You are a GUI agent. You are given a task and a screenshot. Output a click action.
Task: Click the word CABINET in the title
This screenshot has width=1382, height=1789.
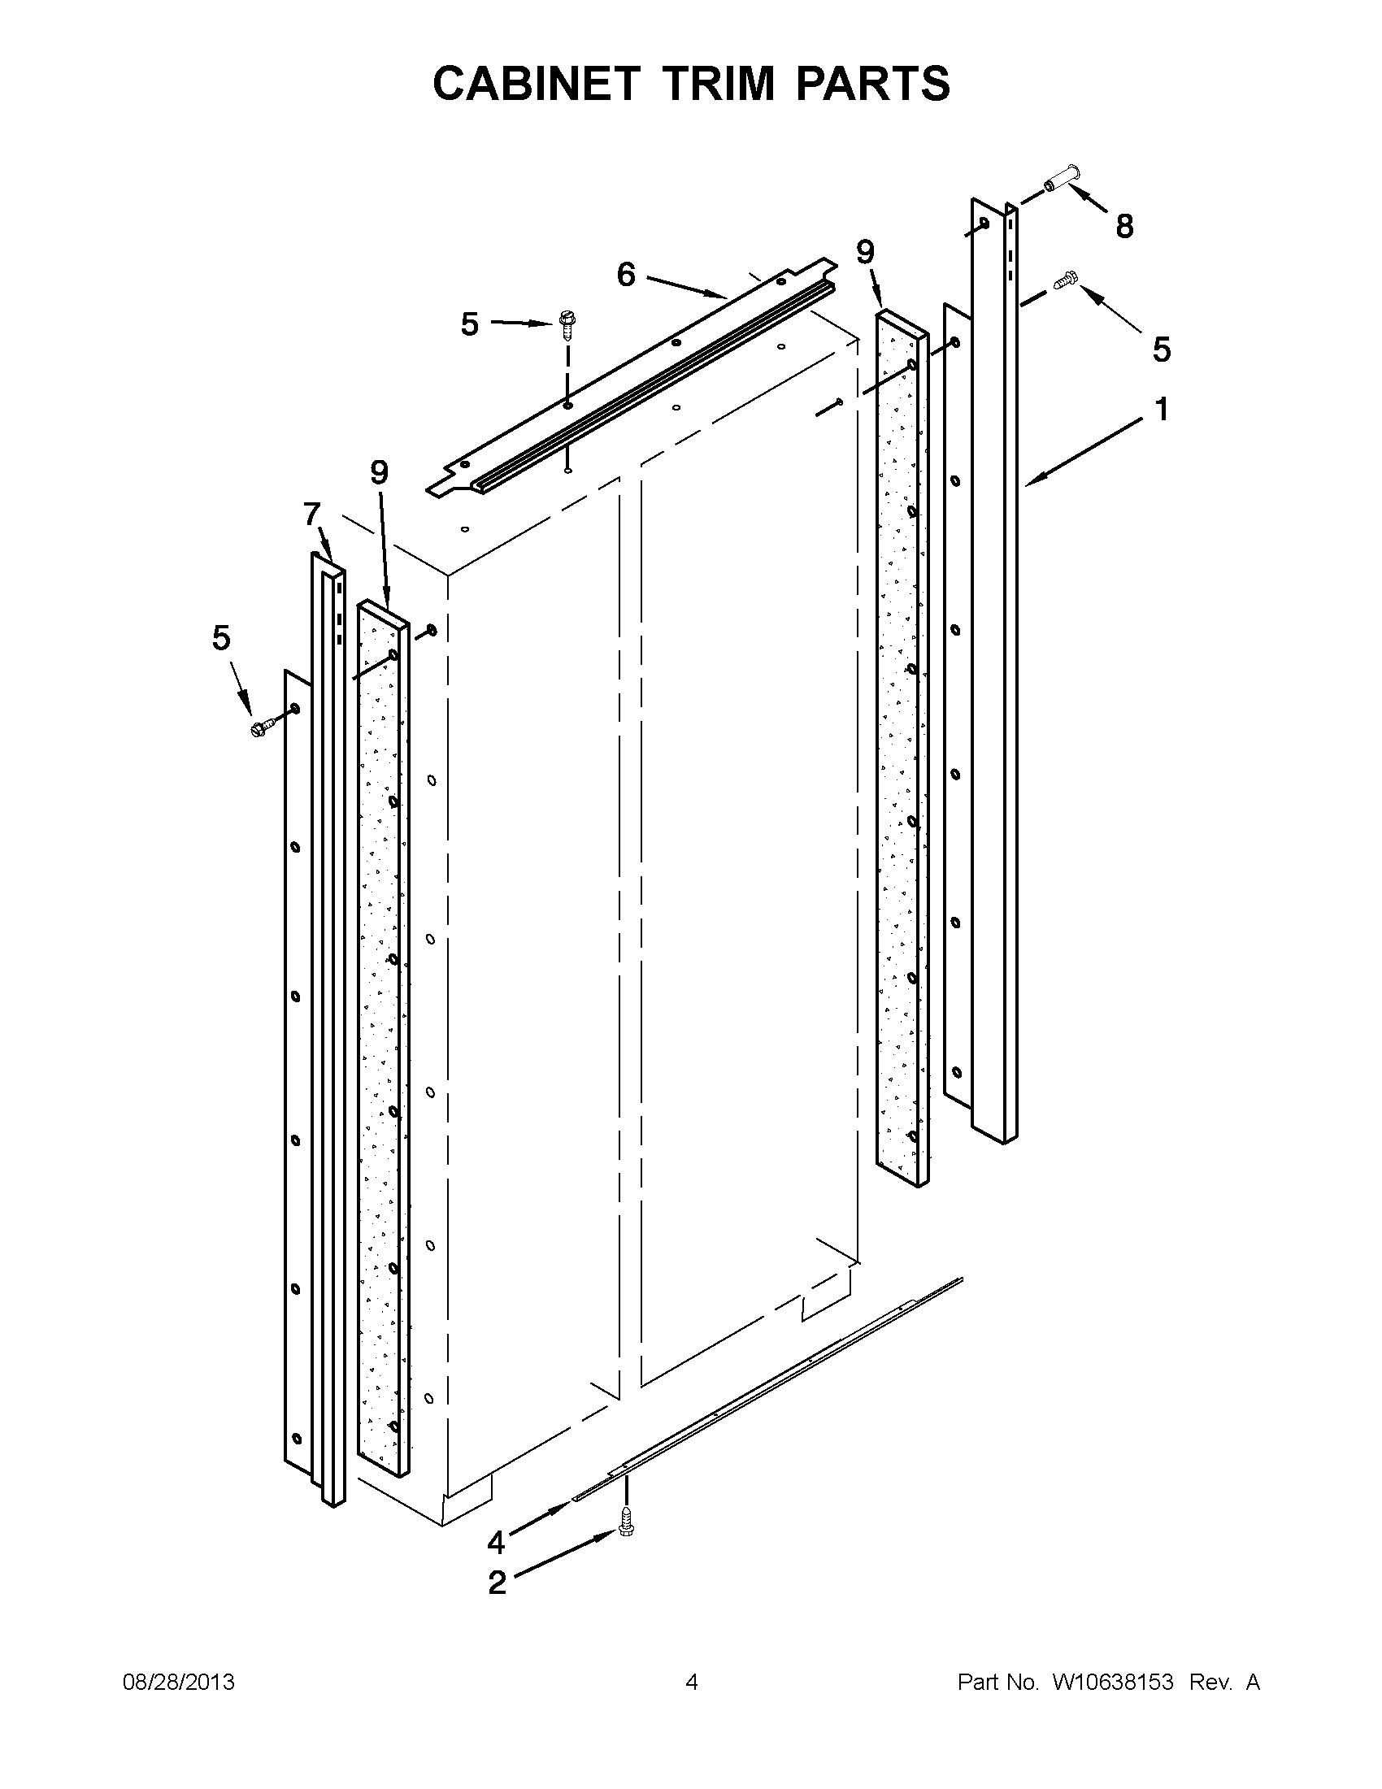click(x=535, y=84)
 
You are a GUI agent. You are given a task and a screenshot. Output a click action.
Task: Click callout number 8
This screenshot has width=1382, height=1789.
click(x=1124, y=226)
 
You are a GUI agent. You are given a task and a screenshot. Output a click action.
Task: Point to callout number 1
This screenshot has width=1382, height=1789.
click(x=1163, y=409)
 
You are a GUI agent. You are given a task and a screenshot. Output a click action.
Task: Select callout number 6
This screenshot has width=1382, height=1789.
click(x=626, y=276)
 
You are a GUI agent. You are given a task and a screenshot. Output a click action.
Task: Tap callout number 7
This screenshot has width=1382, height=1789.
click(x=311, y=514)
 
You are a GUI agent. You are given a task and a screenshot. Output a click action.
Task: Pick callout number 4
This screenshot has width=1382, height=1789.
click(x=496, y=1542)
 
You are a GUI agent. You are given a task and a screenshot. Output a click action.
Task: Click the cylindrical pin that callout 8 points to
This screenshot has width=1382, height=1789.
click(x=1063, y=178)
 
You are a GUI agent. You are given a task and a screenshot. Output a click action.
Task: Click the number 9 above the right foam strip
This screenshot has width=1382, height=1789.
click(x=866, y=251)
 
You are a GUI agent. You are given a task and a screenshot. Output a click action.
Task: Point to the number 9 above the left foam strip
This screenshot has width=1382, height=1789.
click(x=379, y=472)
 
